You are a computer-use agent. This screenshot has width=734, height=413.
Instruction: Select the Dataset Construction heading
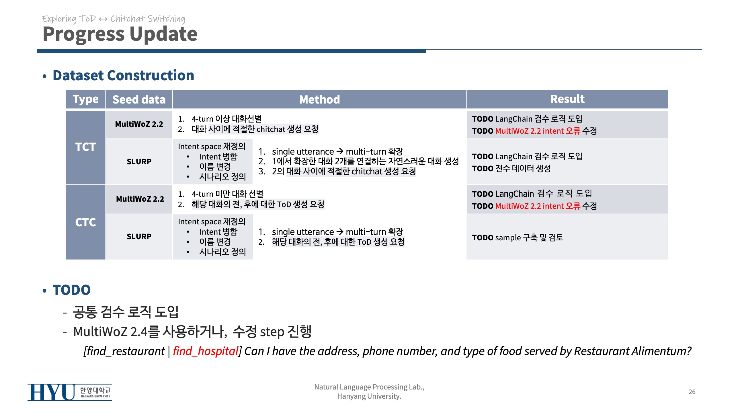tap(123, 75)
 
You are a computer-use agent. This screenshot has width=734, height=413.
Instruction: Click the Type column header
tap(85, 99)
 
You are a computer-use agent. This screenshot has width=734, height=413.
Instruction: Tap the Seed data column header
tap(139, 100)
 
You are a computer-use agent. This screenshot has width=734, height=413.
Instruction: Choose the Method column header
tap(319, 100)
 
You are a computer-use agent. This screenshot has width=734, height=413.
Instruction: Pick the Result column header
tap(567, 99)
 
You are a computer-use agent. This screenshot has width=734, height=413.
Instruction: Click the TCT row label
tap(85, 147)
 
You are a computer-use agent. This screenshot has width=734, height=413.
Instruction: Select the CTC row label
tap(85, 222)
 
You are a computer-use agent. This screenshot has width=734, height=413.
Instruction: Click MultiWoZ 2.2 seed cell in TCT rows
tap(139, 124)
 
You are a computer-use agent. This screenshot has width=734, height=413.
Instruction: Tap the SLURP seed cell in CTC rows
tap(139, 236)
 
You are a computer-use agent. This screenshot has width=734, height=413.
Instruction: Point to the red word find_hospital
tap(206, 351)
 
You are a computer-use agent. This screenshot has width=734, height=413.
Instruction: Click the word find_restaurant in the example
tap(126, 351)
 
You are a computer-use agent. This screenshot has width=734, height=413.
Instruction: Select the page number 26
tap(692, 392)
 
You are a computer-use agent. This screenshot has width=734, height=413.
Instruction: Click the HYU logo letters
tap(51, 392)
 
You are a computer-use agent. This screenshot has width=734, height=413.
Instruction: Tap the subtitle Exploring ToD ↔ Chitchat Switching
tap(114, 19)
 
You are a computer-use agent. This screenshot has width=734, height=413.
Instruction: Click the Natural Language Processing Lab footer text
tap(369, 391)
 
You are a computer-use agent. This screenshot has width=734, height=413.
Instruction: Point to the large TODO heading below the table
tap(72, 290)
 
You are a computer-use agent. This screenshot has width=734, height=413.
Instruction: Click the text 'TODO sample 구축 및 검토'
tap(518, 237)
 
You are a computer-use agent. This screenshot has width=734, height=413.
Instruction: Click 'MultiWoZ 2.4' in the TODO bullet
tap(110, 332)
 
